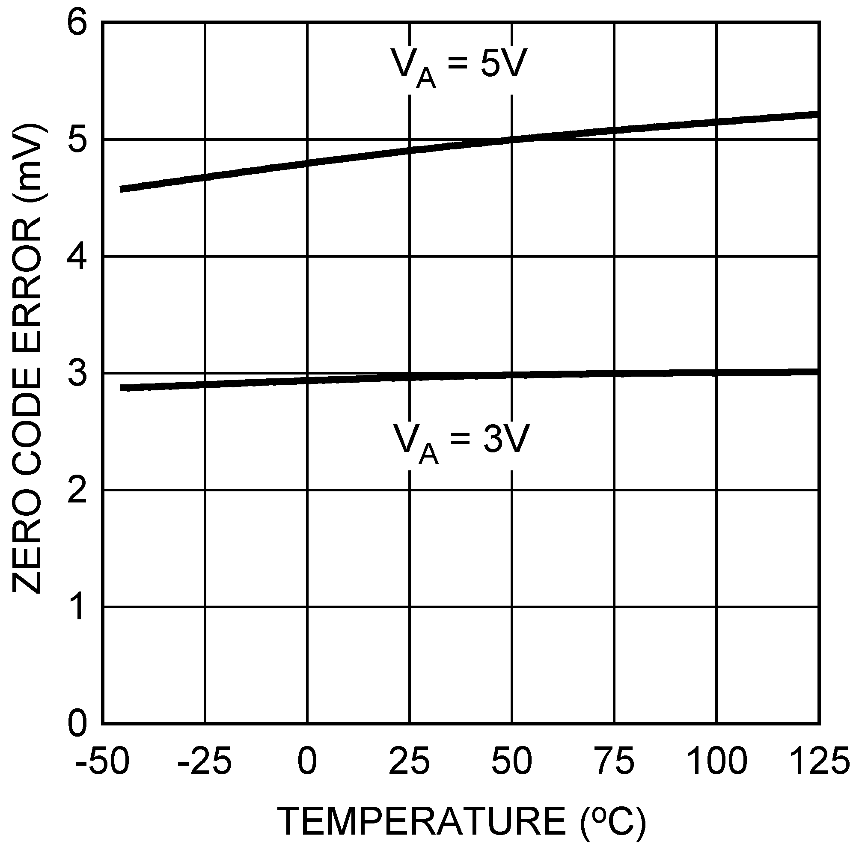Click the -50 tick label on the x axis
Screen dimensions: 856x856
102,761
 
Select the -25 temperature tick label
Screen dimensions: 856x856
204,761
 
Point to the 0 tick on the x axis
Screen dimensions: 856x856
307,761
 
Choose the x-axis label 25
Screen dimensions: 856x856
410,761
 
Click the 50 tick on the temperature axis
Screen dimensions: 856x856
512,761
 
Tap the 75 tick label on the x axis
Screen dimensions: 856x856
614,761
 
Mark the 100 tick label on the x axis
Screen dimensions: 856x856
716,761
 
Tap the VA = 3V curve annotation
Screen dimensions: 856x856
461,443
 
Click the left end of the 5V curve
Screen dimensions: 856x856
122,189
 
